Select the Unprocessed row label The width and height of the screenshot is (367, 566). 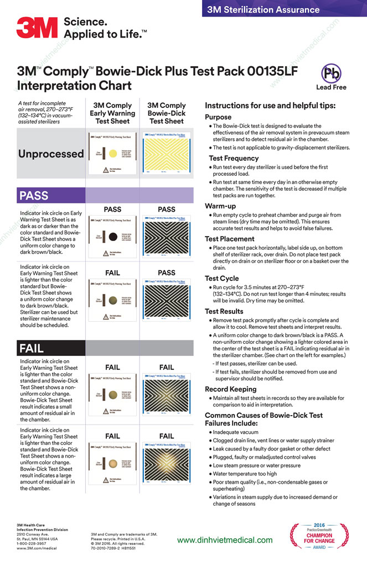tap(51, 154)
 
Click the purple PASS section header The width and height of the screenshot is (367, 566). tap(34, 195)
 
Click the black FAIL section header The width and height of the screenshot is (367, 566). tap(32, 348)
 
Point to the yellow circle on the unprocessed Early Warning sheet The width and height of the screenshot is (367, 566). tap(111, 152)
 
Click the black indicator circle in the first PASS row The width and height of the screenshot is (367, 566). tap(111, 236)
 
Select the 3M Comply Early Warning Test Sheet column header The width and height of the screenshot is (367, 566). tap(112, 113)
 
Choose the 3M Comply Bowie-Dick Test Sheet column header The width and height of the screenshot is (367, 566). tap(167, 113)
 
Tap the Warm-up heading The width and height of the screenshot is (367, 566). tap(221, 206)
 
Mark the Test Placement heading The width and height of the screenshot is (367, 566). tap(230, 239)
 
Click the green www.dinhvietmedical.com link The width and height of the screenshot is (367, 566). tap(225, 539)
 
